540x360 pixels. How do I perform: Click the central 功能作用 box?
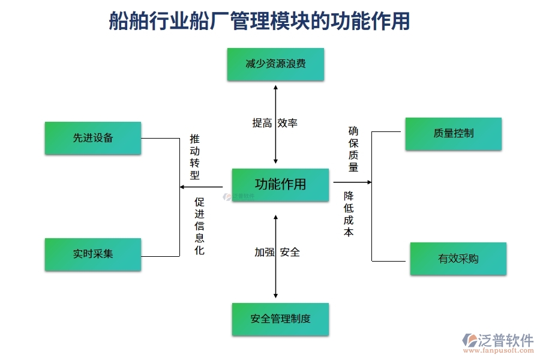click(x=280, y=184)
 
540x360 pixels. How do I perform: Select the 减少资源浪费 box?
click(x=275, y=64)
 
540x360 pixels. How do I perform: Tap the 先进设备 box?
click(x=93, y=137)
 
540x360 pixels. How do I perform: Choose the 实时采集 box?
click(x=93, y=254)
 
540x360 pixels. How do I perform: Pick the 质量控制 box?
click(x=453, y=133)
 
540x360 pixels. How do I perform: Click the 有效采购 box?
click(x=458, y=259)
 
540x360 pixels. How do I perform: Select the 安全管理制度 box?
click(x=280, y=319)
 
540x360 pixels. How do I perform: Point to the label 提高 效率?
click(x=275, y=123)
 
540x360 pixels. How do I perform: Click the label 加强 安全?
click(x=277, y=252)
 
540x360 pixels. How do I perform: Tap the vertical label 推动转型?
click(x=194, y=157)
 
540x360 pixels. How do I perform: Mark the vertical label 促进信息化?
click(x=199, y=226)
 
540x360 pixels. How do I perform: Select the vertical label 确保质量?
click(x=353, y=149)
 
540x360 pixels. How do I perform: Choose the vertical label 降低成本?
click(x=349, y=214)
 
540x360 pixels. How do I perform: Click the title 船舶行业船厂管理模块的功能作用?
click(x=259, y=22)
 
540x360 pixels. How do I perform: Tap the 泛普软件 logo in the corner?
click(x=497, y=340)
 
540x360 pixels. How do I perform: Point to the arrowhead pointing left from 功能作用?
click(x=183, y=187)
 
